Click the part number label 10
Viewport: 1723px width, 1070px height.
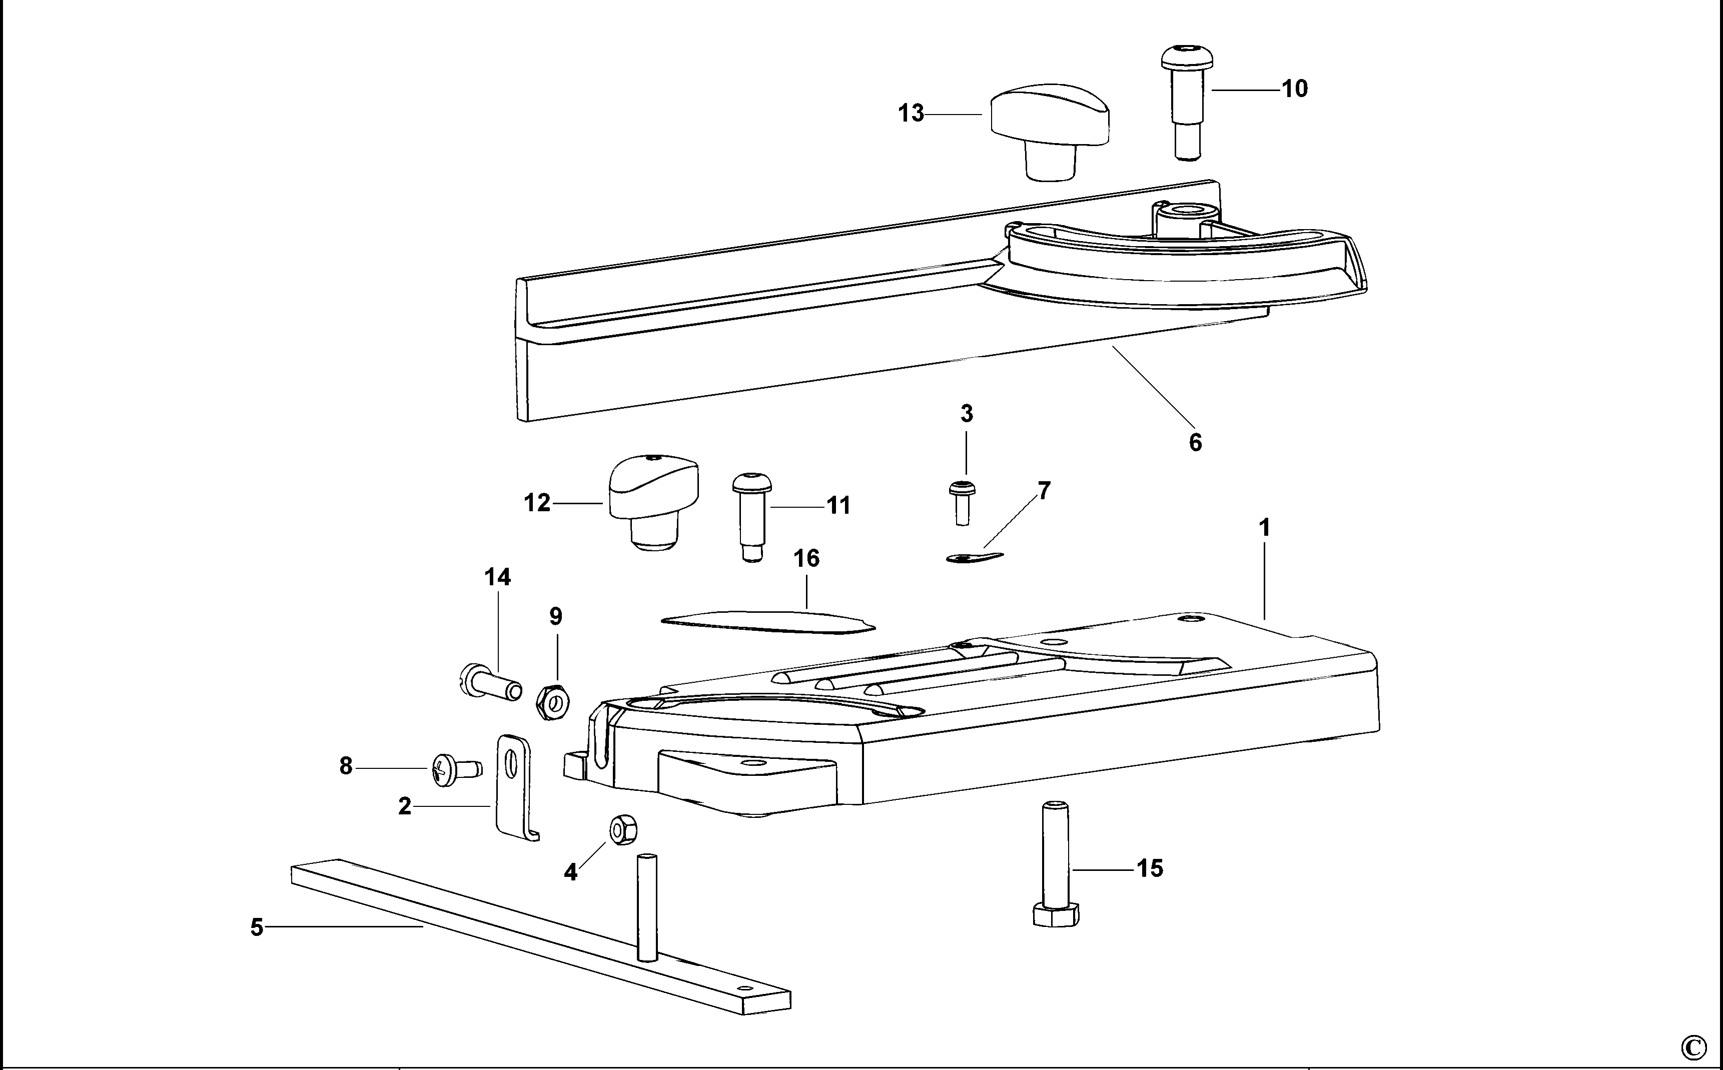(x=1294, y=89)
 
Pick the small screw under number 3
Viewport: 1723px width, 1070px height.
(x=962, y=502)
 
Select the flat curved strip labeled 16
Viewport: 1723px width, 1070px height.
(x=768, y=621)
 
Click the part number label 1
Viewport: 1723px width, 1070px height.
(x=1264, y=528)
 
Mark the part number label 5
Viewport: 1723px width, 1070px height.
(x=257, y=927)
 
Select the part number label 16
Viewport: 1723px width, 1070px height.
(x=806, y=558)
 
